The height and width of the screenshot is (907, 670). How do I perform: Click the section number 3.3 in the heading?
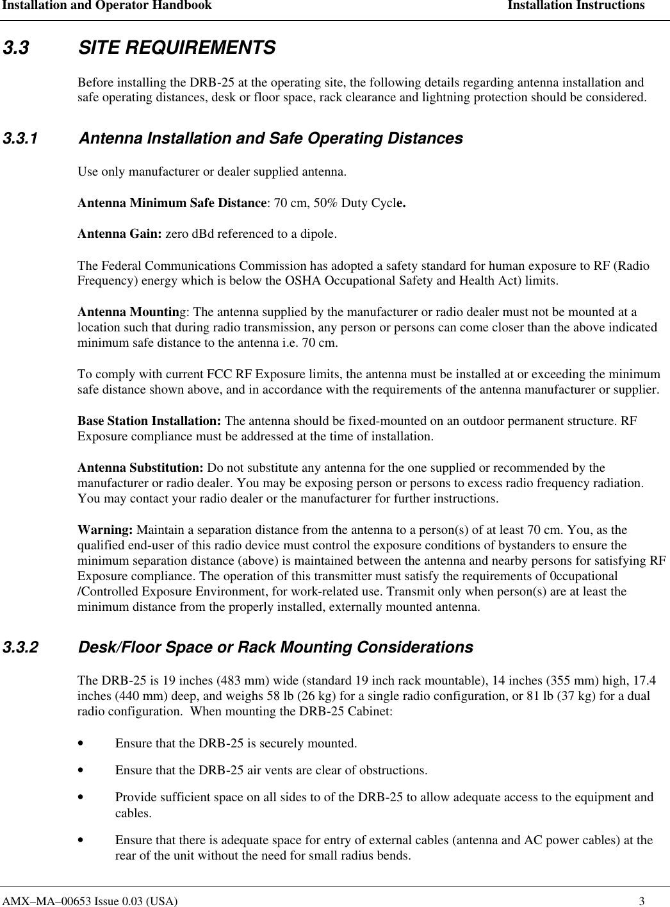click(x=16, y=48)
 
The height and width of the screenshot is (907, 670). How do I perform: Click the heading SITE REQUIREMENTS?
click(x=177, y=48)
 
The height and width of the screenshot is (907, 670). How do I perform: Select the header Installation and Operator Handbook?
click(x=106, y=6)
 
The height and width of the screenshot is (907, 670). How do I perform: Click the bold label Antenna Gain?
click(x=120, y=234)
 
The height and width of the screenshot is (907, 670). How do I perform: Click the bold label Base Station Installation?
click(x=149, y=421)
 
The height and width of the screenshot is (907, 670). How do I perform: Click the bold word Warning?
click(x=105, y=530)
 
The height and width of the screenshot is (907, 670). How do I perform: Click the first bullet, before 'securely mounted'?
click(x=79, y=744)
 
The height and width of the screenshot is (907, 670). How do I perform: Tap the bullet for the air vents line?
click(x=79, y=770)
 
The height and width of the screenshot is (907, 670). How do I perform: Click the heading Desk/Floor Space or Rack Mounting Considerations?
click(x=275, y=647)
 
